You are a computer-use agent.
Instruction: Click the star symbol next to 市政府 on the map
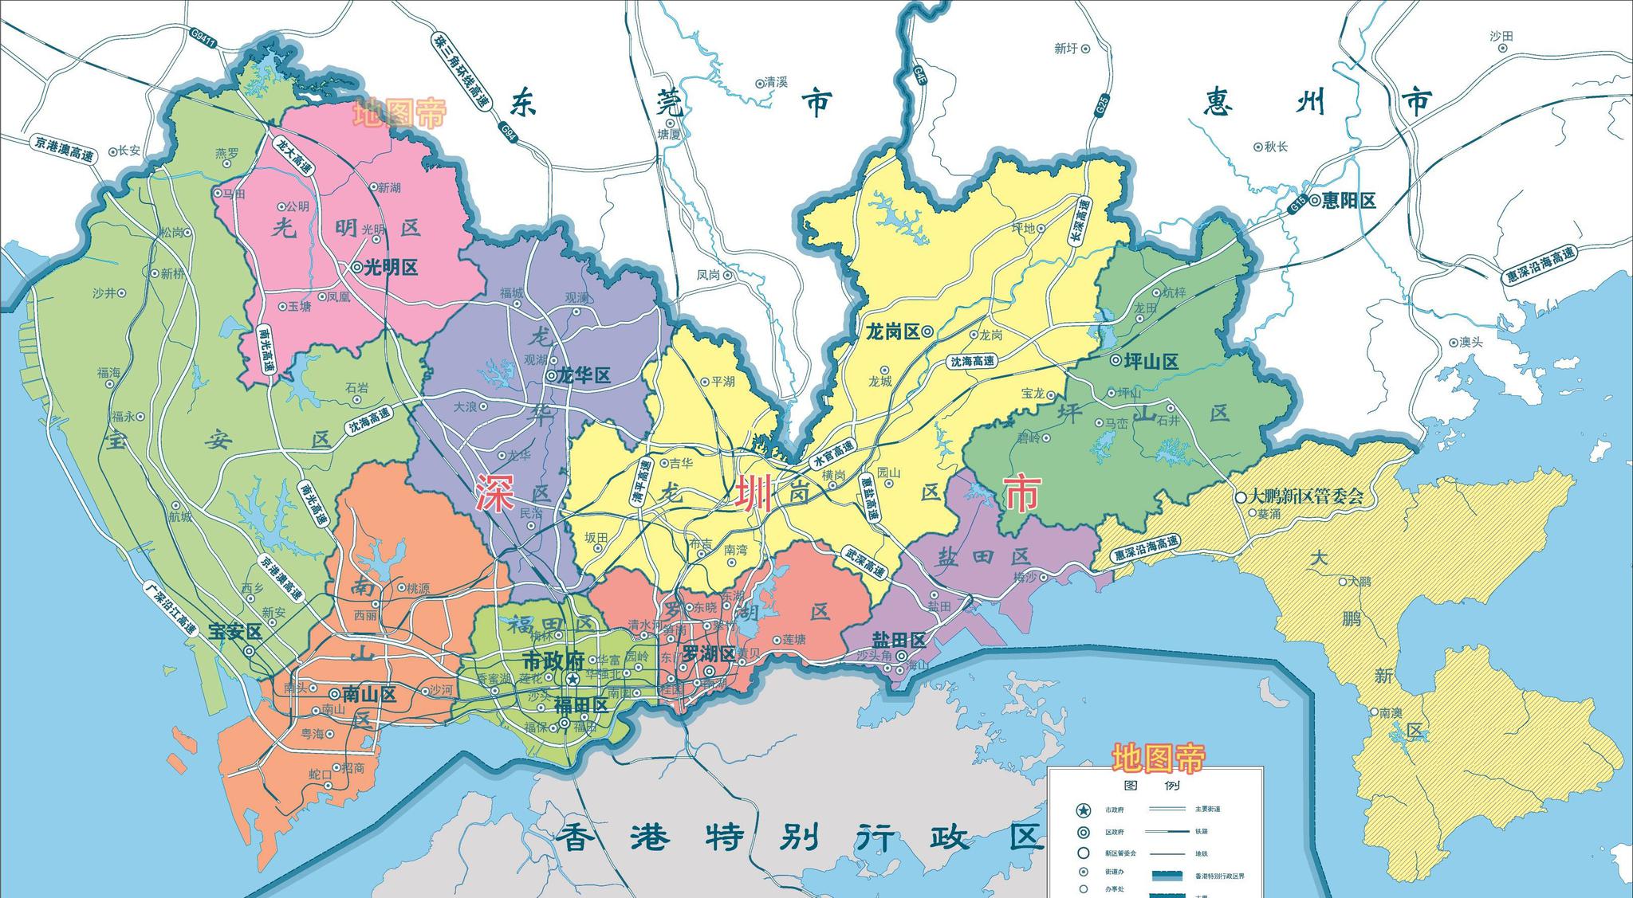tap(573, 679)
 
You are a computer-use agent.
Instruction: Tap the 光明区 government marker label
tap(391, 268)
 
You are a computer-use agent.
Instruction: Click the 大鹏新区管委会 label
tap(1306, 496)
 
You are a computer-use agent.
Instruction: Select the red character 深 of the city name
tap(495, 492)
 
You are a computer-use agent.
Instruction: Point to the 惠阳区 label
tap(1348, 201)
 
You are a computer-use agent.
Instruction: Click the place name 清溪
tap(776, 82)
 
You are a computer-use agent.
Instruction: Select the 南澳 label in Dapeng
tap(1391, 713)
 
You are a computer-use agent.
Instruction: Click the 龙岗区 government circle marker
tap(927, 332)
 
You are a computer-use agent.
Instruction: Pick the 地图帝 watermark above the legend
tap(1159, 758)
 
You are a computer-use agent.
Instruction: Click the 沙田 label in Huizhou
tap(1501, 36)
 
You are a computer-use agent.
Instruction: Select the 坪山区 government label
tap(1151, 361)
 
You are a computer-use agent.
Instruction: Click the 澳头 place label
tap(1471, 343)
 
